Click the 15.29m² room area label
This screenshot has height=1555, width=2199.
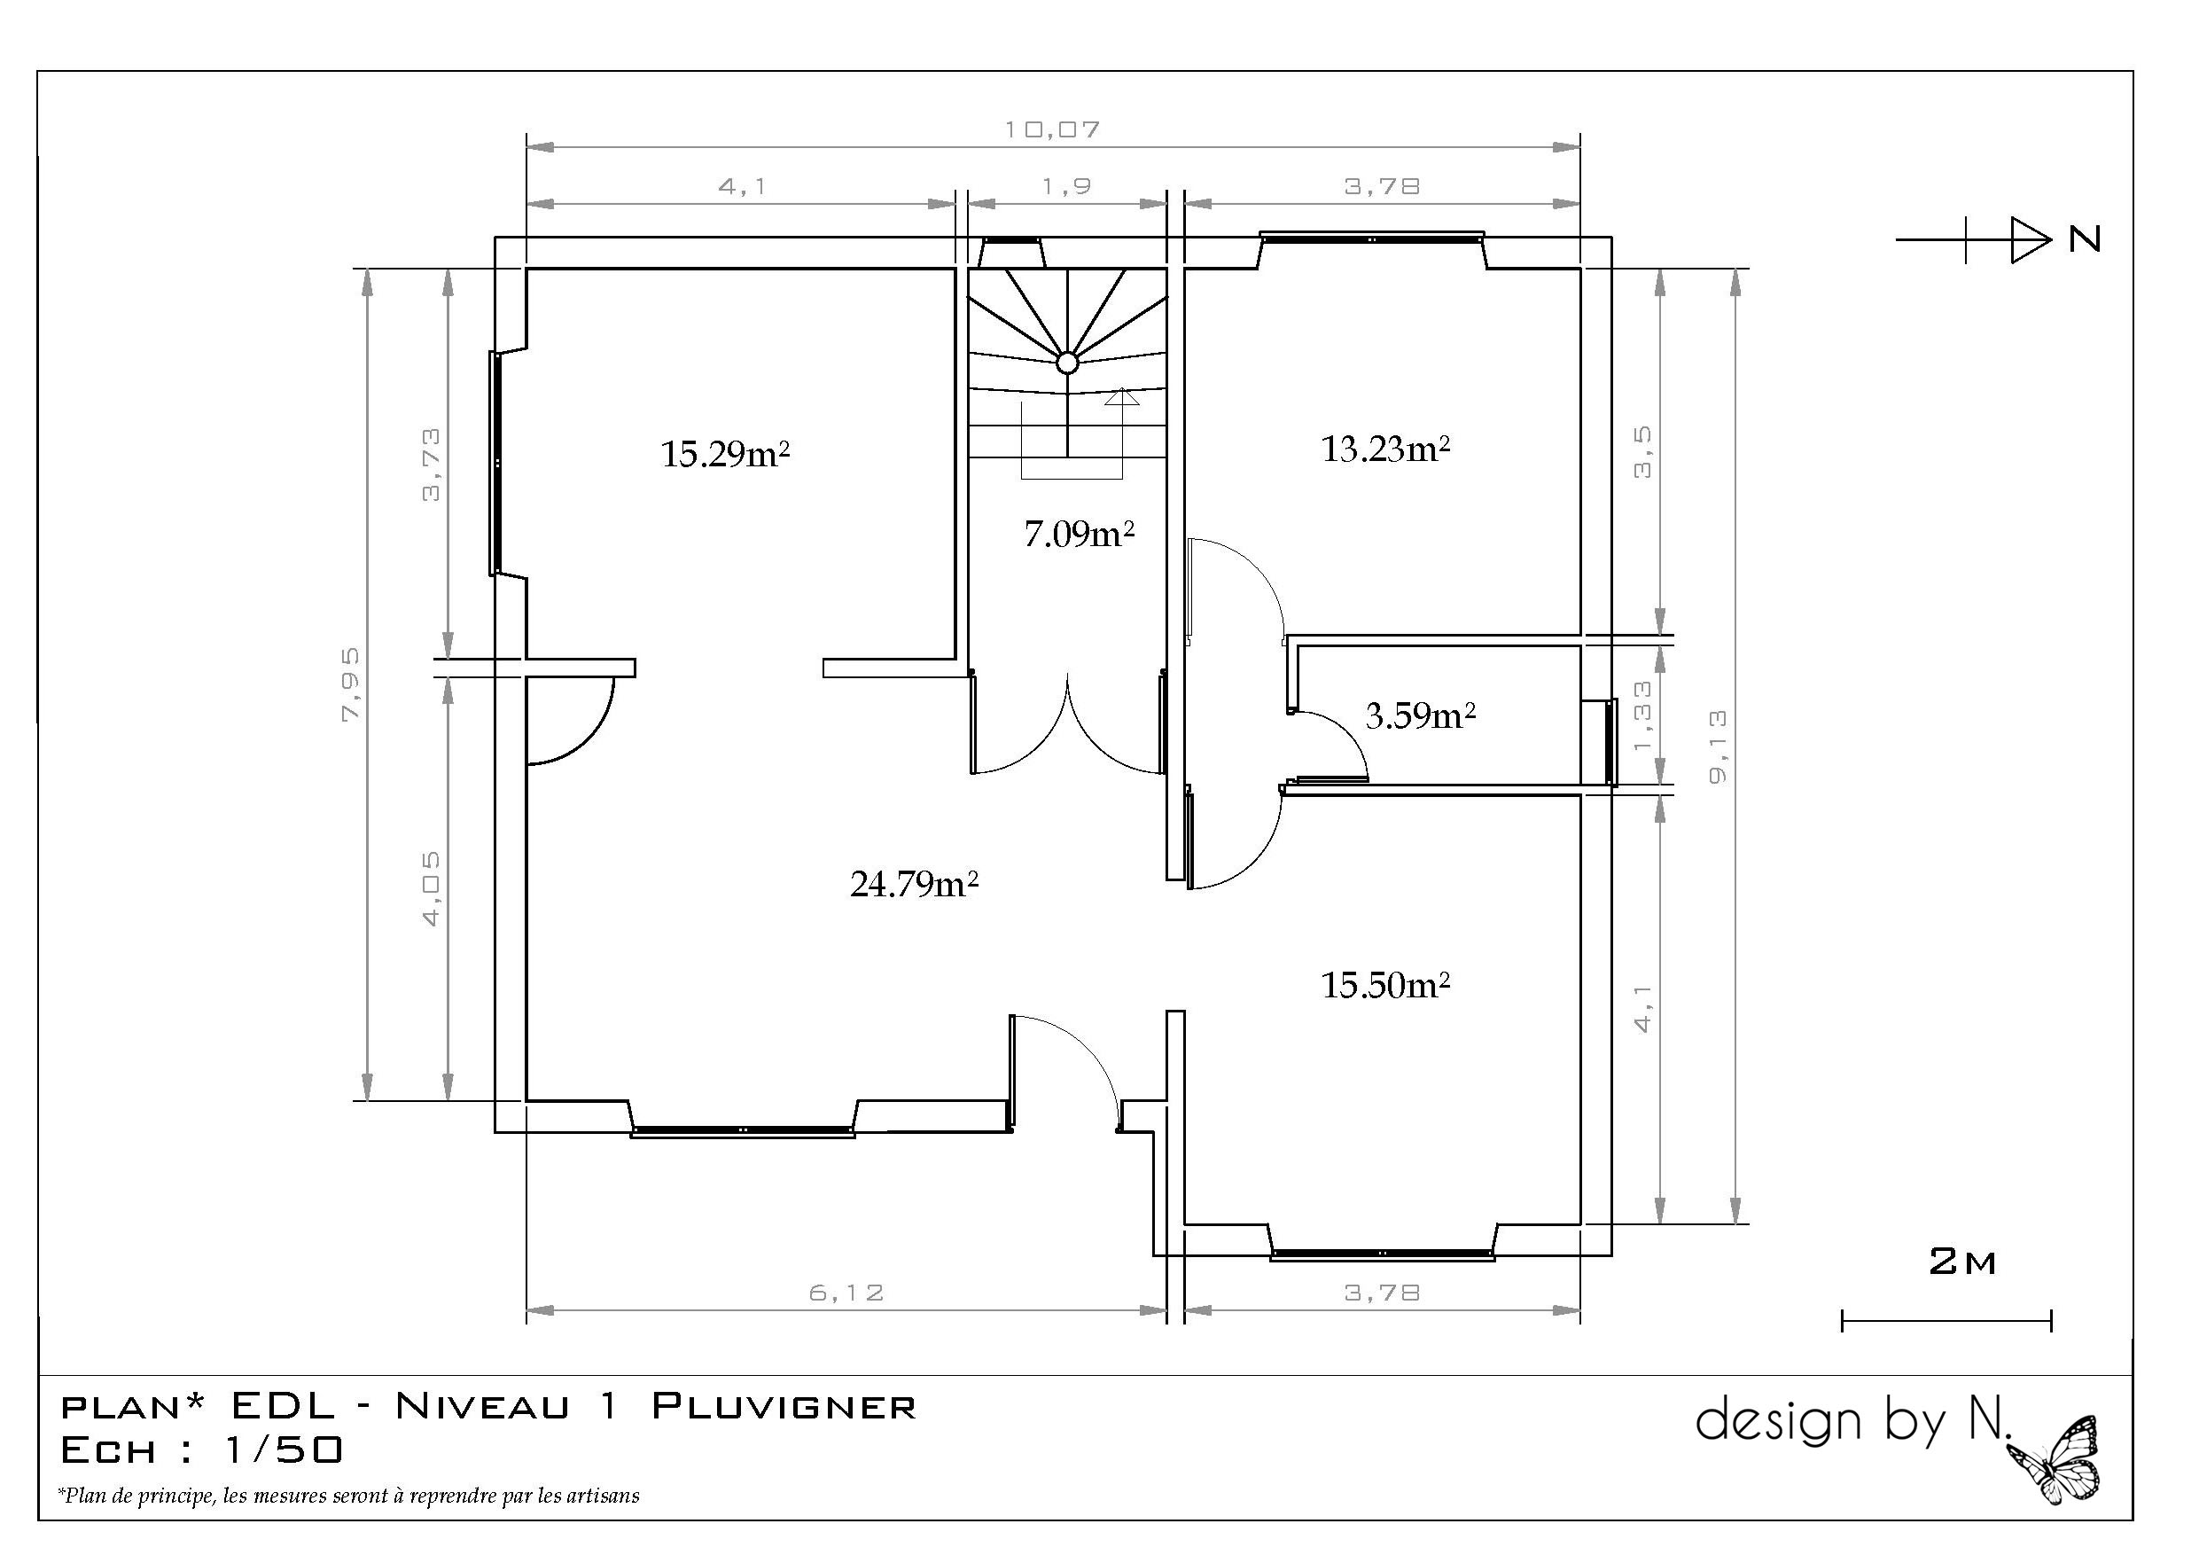(x=725, y=452)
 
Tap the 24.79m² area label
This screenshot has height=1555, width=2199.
(x=915, y=882)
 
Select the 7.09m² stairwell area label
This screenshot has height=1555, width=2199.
(x=1080, y=533)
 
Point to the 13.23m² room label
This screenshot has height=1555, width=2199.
(x=1386, y=448)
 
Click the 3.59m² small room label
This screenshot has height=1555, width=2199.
(x=1420, y=715)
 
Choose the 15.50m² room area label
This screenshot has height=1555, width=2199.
(x=1386, y=984)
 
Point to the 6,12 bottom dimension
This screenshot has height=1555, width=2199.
(x=846, y=1293)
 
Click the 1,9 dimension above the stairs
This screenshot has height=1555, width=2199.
(x=1067, y=185)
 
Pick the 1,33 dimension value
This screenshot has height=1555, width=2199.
(x=1643, y=715)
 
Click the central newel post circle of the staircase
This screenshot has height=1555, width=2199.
(x=1067, y=363)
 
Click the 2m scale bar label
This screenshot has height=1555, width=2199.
(x=1962, y=1262)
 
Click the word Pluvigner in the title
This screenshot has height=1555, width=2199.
(x=784, y=1406)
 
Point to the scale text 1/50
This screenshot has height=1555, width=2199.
(x=283, y=1450)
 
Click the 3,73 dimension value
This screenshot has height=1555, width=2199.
(x=432, y=465)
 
